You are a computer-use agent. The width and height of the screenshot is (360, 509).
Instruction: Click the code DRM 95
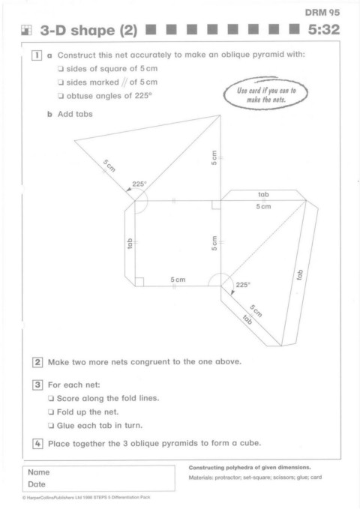point(322,13)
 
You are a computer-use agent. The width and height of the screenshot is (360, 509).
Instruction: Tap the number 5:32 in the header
point(323,29)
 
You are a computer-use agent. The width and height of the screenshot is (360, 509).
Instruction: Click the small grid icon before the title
point(26,30)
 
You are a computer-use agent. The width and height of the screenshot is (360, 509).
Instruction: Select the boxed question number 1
point(37,55)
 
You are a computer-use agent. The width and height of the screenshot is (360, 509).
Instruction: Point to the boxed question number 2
point(37,362)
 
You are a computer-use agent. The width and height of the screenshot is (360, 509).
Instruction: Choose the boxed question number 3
point(37,385)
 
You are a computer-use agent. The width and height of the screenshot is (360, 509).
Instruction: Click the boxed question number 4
point(37,444)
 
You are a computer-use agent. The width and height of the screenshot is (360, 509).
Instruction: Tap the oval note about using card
point(265,94)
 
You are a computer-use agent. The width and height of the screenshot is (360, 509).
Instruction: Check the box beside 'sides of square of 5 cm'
point(61,69)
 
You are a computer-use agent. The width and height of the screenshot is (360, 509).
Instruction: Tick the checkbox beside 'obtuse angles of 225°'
point(61,96)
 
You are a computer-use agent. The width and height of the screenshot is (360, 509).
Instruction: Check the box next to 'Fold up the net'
point(51,412)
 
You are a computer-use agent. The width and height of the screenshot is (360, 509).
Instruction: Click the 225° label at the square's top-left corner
point(139,184)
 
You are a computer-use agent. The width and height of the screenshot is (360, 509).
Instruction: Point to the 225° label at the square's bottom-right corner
point(243,285)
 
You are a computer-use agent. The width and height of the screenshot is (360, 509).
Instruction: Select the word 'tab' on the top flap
point(263,194)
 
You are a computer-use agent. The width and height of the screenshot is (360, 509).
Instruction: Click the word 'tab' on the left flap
point(130,244)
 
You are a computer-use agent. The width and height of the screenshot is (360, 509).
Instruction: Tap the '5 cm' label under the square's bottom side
point(178,280)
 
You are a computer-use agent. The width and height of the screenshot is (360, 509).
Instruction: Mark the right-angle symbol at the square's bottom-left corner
point(139,282)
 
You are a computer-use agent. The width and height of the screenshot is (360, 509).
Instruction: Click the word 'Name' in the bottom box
point(39,472)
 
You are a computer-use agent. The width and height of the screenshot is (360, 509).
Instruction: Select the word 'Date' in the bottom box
point(37,484)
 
